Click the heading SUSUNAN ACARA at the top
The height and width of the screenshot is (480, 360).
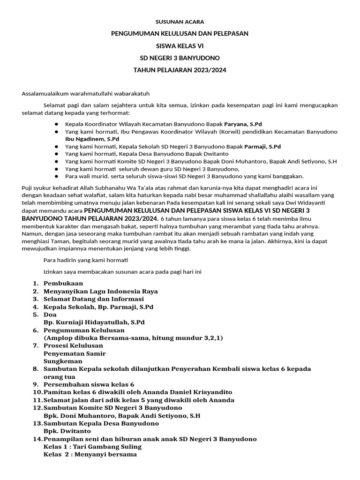(180, 22)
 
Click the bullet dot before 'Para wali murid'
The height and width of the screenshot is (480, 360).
(56, 176)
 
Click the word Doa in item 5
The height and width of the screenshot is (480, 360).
(50, 315)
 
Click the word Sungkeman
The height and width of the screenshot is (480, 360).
(63, 361)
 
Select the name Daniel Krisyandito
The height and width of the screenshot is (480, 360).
(196, 392)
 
